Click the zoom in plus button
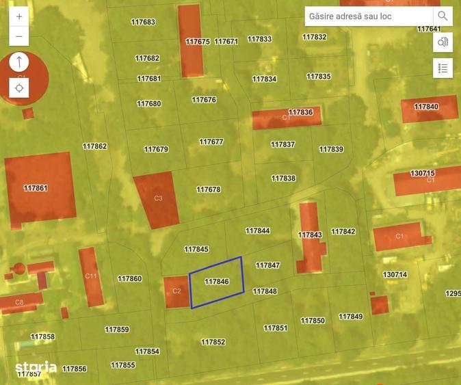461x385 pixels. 19,16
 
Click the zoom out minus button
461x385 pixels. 19,36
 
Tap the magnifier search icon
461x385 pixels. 443,16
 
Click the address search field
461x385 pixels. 368,16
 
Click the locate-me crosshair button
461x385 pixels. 19,88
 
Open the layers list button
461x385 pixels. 443,68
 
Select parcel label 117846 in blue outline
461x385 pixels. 216,282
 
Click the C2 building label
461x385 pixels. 176,291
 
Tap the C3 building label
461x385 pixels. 158,198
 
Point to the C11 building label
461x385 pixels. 91,276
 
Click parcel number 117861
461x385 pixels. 36,188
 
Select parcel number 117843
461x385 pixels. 310,235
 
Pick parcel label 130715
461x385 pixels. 423,174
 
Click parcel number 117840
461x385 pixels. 426,107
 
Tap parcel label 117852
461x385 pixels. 213,342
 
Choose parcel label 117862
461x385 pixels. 95,146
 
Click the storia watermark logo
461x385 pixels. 36,367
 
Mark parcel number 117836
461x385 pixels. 301,112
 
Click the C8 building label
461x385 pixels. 19,302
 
